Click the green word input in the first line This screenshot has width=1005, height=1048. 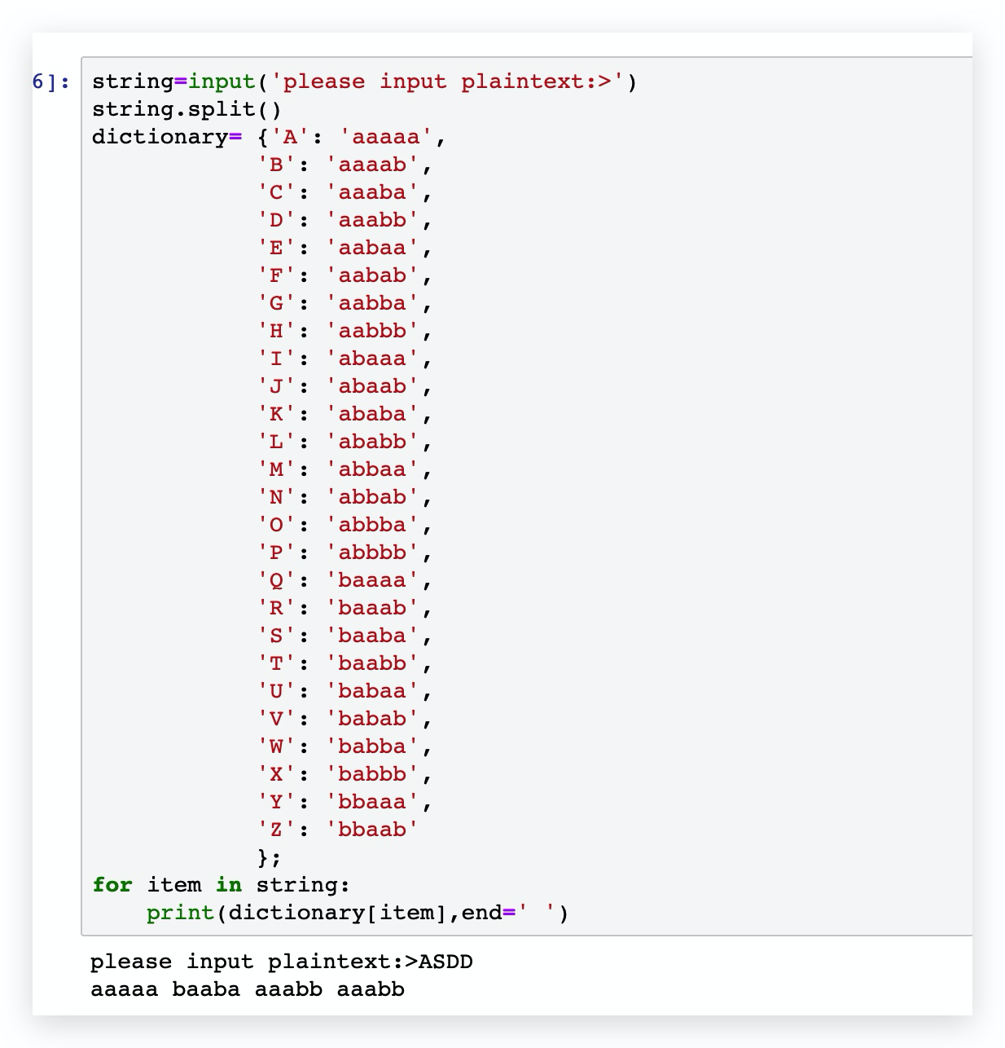(x=222, y=82)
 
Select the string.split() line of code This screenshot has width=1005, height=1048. (x=187, y=109)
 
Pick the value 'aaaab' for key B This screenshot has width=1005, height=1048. (x=372, y=165)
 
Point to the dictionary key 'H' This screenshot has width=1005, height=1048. (x=277, y=331)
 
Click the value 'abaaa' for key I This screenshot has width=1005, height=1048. (x=372, y=359)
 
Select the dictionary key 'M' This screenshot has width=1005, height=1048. (x=277, y=469)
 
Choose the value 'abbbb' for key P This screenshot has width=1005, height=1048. (x=372, y=553)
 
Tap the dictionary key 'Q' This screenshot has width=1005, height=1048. (x=277, y=580)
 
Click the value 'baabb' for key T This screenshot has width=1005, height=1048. (x=372, y=663)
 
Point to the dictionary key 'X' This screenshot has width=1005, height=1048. (x=277, y=774)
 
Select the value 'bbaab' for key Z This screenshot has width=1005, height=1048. (x=372, y=830)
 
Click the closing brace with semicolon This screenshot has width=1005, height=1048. (x=269, y=857)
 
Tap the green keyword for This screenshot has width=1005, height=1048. (x=112, y=885)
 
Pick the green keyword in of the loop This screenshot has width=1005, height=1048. (x=228, y=885)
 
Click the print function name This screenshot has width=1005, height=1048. (x=180, y=913)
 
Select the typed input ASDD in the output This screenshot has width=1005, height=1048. (x=445, y=962)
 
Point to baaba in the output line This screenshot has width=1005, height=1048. (x=206, y=989)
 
